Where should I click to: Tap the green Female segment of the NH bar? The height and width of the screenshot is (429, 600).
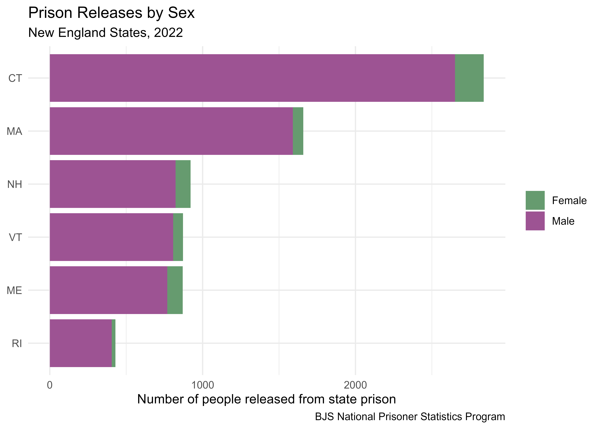tap(183, 184)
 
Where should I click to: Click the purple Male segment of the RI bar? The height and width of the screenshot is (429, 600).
tap(80, 343)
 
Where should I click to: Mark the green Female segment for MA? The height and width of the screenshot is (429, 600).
tap(298, 131)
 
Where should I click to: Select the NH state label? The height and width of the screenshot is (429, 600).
tap(15, 184)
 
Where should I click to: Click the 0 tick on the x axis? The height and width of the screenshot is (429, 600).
tap(50, 385)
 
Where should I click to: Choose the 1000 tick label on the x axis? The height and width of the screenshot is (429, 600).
tap(202, 385)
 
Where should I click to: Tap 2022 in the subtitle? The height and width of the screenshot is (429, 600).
tap(168, 33)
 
